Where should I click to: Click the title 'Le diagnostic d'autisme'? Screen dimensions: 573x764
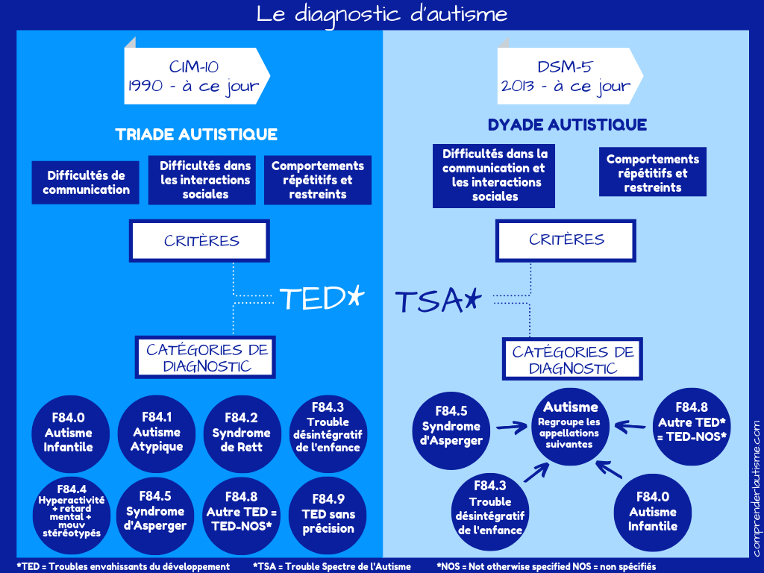[x=382, y=14]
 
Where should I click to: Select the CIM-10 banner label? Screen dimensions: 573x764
[x=193, y=77]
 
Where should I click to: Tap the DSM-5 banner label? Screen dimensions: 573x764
[x=566, y=77]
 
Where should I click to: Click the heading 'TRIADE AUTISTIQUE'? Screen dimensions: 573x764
[x=196, y=135]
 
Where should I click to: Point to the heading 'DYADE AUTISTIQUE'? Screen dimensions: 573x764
[x=567, y=125]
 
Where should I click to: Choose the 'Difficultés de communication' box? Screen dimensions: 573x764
[x=86, y=183]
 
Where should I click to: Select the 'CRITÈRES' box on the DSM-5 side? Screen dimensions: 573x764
[x=566, y=239]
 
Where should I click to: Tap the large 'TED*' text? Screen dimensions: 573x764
[x=322, y=298]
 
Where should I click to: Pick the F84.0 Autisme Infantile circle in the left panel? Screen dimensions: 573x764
[x=68, y=433]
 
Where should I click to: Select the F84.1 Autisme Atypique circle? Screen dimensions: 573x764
[x=157, y=432]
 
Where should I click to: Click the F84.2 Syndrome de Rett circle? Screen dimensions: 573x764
[x=241, y=433]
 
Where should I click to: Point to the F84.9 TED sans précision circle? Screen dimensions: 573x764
[x=328, y=513]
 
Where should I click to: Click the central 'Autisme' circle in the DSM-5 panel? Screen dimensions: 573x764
[x=571, y=426]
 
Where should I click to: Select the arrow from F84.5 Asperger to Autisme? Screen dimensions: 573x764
[x=511, y=428]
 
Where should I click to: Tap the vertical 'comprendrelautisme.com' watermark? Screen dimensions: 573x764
[x=756, y=488]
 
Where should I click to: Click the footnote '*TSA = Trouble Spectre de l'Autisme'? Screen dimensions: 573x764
[x=332, y=566]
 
